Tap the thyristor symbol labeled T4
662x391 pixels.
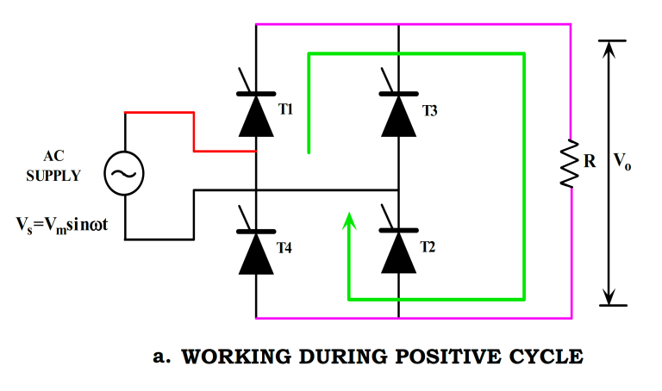(x=256, y=250)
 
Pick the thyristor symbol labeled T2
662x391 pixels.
(x=398, y=250)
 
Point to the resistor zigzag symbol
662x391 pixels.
(x=570, y=164)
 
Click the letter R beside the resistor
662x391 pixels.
(x=590, y=160)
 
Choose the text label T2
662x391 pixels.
(x=428, y=246)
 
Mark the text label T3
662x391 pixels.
(x=430, y=111)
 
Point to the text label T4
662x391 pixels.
(x=285, y=247)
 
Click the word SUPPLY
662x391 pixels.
(x=53, y=176)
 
